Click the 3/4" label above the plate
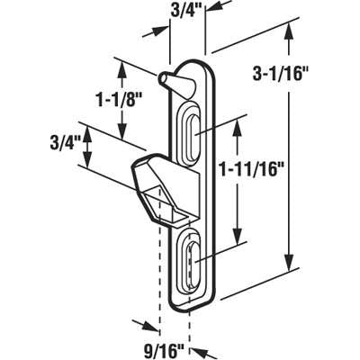(185, 12)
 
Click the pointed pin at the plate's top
(170, 80)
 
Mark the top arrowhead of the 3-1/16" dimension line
(289, 31)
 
